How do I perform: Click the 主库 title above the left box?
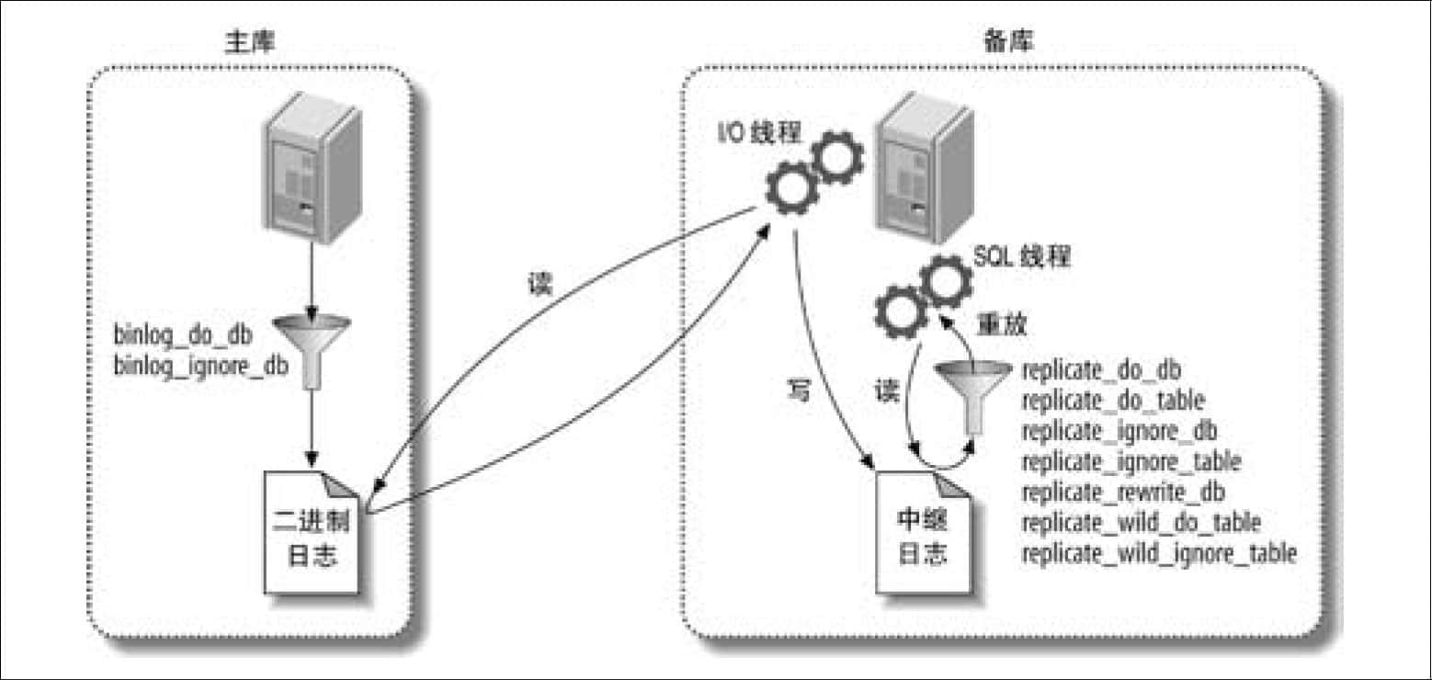click(250, 42)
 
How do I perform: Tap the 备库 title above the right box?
click(1008, 41)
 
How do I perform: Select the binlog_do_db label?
click(183, 334)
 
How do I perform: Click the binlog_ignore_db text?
click(200, 367)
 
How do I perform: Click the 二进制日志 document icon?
click(312, 533)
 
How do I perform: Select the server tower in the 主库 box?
click(313, 167)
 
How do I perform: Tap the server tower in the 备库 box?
click(925, 167)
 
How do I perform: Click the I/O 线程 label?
click(759, 133)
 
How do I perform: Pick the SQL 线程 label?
click(1021, 256)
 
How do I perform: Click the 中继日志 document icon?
click(923, 533)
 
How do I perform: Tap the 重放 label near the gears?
click(1001, 324)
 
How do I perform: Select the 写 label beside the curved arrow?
click(799, 390)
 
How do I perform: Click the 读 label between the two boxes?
click(540, 284)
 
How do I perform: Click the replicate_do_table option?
click(1113, 401)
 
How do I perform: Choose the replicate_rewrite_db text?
click(1123, 493)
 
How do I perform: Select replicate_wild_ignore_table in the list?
click(1159, 553)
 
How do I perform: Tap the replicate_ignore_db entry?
click(1119, 431)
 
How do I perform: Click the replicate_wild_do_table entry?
click(1142, 523)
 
